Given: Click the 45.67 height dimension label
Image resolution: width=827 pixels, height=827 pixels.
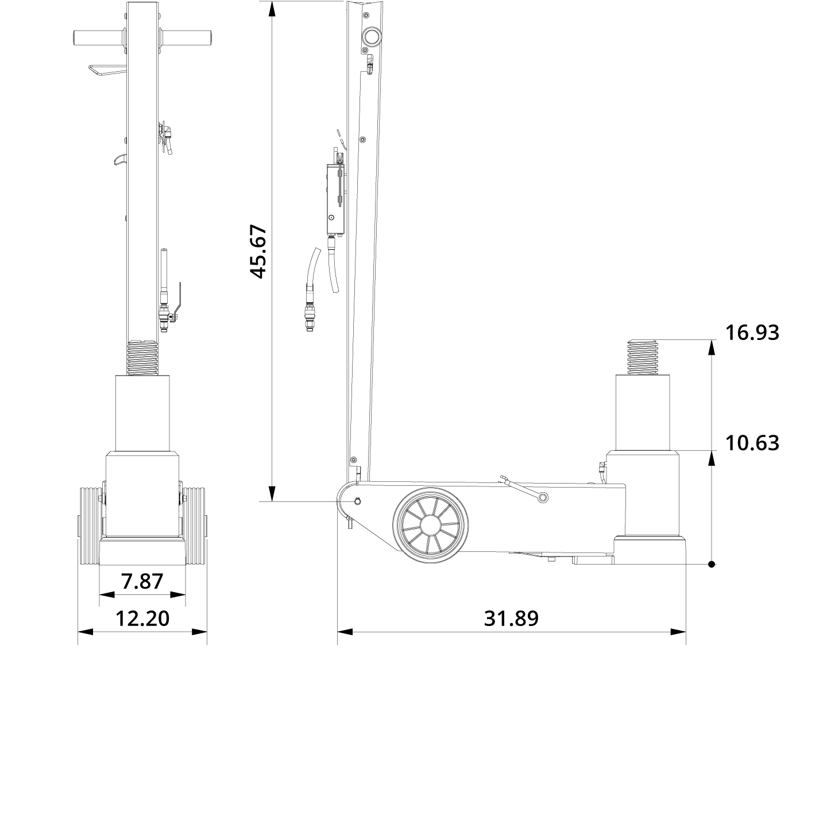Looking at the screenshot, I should click(x=260, y=251).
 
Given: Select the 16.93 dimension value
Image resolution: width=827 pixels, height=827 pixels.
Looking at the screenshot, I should click(x=752, y=333).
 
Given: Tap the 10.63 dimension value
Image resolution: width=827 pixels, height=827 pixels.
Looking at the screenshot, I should click(x=752, y=443).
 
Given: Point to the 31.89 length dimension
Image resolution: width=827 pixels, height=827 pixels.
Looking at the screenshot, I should click(x=511, y=619).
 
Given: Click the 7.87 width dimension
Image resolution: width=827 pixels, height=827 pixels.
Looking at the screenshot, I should click(x=142, y=581).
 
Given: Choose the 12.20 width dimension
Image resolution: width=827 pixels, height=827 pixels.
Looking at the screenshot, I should click(x=142, y=619).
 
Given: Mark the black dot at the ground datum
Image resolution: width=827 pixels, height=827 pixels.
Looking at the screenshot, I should click(x=712, y=565).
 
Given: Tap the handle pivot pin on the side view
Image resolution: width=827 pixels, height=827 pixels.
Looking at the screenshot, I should click(x=358, y=501).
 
